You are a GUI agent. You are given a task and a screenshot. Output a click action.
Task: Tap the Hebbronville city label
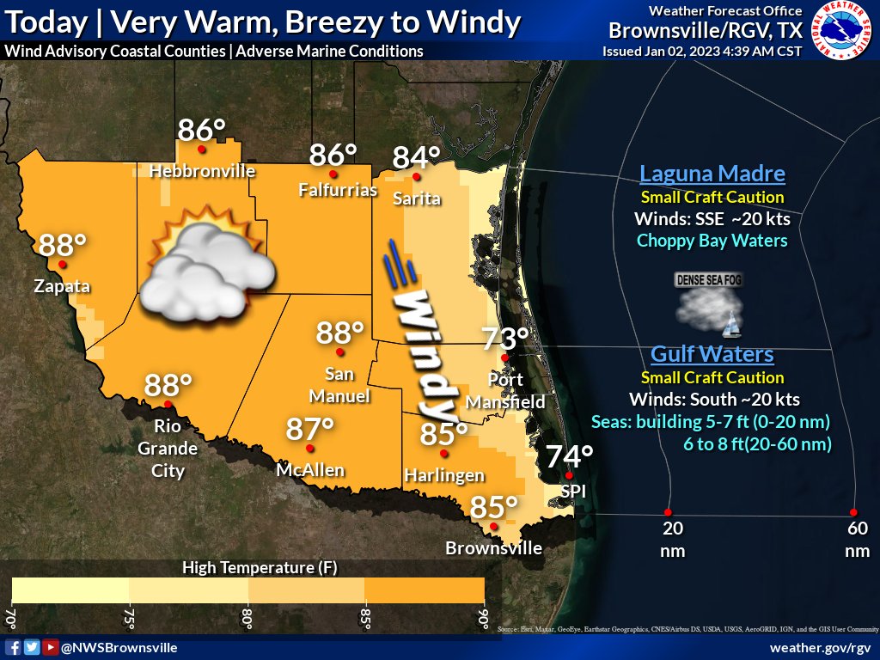click(203, 171)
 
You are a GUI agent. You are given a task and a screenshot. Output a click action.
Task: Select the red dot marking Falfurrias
click(333, 174)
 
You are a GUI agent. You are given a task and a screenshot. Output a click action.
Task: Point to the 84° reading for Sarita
click(417, 158)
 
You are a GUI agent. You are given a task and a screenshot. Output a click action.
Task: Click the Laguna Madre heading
click(712, 174)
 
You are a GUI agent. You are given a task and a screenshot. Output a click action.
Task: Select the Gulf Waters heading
click(712, 354)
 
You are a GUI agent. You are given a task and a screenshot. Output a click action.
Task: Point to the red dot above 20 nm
click(669, 512)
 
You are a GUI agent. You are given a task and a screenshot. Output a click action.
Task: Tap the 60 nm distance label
click(857, 539)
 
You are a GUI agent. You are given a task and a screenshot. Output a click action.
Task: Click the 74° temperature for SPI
click(570, 456)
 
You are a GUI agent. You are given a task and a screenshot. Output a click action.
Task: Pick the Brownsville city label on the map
click(494, 548)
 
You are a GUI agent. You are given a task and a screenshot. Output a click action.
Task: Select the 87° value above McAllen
click(309, 430)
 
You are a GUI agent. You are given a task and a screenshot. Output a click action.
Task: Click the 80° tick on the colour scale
click(247, 618)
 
